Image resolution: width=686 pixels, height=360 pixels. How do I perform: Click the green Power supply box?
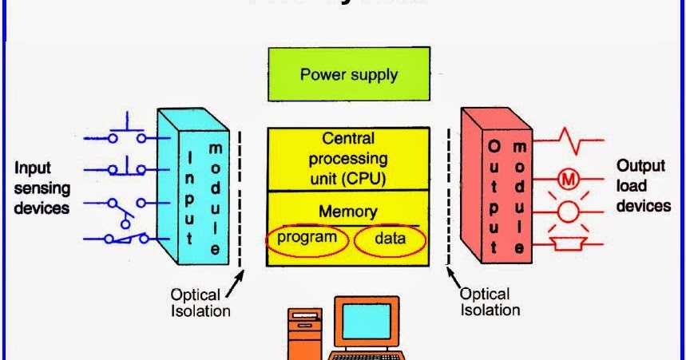(349, 76)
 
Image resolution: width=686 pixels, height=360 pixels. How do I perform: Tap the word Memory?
(347, 212)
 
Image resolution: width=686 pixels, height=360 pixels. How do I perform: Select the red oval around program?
(308, 239)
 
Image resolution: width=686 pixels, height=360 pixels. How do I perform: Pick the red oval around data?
(390, 239)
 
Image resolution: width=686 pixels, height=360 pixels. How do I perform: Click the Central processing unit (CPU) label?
(348, 159)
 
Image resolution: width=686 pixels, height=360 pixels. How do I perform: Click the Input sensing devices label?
(42, 188)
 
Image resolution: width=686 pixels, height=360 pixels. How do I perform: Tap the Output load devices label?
(643, 186)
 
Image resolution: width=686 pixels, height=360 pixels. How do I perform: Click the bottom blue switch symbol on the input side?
(124, 237)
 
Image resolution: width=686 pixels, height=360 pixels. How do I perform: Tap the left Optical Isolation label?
(200, 303)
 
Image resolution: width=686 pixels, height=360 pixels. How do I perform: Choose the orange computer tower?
(304, 335)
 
